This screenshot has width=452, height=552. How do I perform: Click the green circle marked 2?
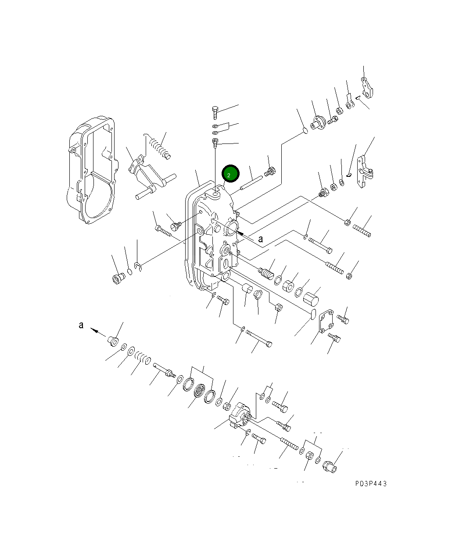pyautogui.click(x=230, y=174)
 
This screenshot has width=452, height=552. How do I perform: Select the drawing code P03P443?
pyautogui.click(x=371, y=484)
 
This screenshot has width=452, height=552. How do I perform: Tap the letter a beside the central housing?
pyautogui.click(x=261, y=239)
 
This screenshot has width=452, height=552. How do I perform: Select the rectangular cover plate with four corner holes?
pyautogui.click(x=326, y=324)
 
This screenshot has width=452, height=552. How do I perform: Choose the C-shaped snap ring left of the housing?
pyautogui.click(x=138, y=266)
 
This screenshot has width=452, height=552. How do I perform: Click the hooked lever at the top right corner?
pyautogui.click(x=368, y=87)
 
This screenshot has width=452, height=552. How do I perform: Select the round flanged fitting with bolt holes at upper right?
pyautogui.click(x=318, y=122)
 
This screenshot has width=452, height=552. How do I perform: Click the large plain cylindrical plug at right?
pyautogui.click(x=312, y=300)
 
